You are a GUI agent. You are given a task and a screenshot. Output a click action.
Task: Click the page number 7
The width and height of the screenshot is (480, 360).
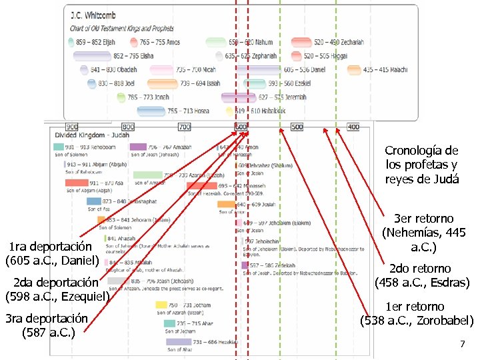pos(462,344)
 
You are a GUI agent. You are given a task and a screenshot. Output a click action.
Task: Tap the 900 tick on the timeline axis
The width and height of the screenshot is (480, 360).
pos(71,127)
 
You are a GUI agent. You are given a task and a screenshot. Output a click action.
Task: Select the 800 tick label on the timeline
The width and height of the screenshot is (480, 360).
pos(128,127)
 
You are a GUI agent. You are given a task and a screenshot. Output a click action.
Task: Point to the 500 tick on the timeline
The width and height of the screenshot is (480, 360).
pos(297,127)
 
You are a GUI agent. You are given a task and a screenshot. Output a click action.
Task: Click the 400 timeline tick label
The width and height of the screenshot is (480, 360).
pos(353,127)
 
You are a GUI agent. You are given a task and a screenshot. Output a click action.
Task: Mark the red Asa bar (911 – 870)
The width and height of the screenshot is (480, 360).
pos(77,183)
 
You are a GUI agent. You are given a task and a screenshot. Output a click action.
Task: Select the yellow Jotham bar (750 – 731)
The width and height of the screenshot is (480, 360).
pos(161,305)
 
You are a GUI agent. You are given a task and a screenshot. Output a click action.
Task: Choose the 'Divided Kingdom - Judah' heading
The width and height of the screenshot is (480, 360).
pos(93,135)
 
